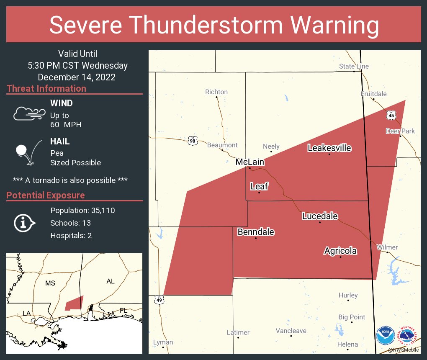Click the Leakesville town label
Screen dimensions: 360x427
tap(329, 148)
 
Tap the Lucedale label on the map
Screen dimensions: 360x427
tap(320, 216)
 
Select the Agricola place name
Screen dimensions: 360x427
tap(340, 251)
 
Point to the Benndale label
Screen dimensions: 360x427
tap(256, 232)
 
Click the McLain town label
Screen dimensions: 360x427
tap(250, 162)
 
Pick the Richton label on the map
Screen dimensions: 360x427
tap(216, 92)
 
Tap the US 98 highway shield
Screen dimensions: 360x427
tap(192, 141)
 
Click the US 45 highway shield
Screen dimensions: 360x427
tap(391, 114)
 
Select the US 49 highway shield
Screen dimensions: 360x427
tap(159, 300)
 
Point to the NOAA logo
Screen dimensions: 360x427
tap(385, 336)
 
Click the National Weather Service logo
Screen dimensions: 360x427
tap(408, 336)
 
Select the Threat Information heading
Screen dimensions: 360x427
tap(46, 89)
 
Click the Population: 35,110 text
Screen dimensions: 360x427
tap(82, 210)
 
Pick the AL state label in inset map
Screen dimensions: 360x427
tap(110, 281)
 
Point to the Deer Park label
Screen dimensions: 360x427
tap(400, 131)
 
